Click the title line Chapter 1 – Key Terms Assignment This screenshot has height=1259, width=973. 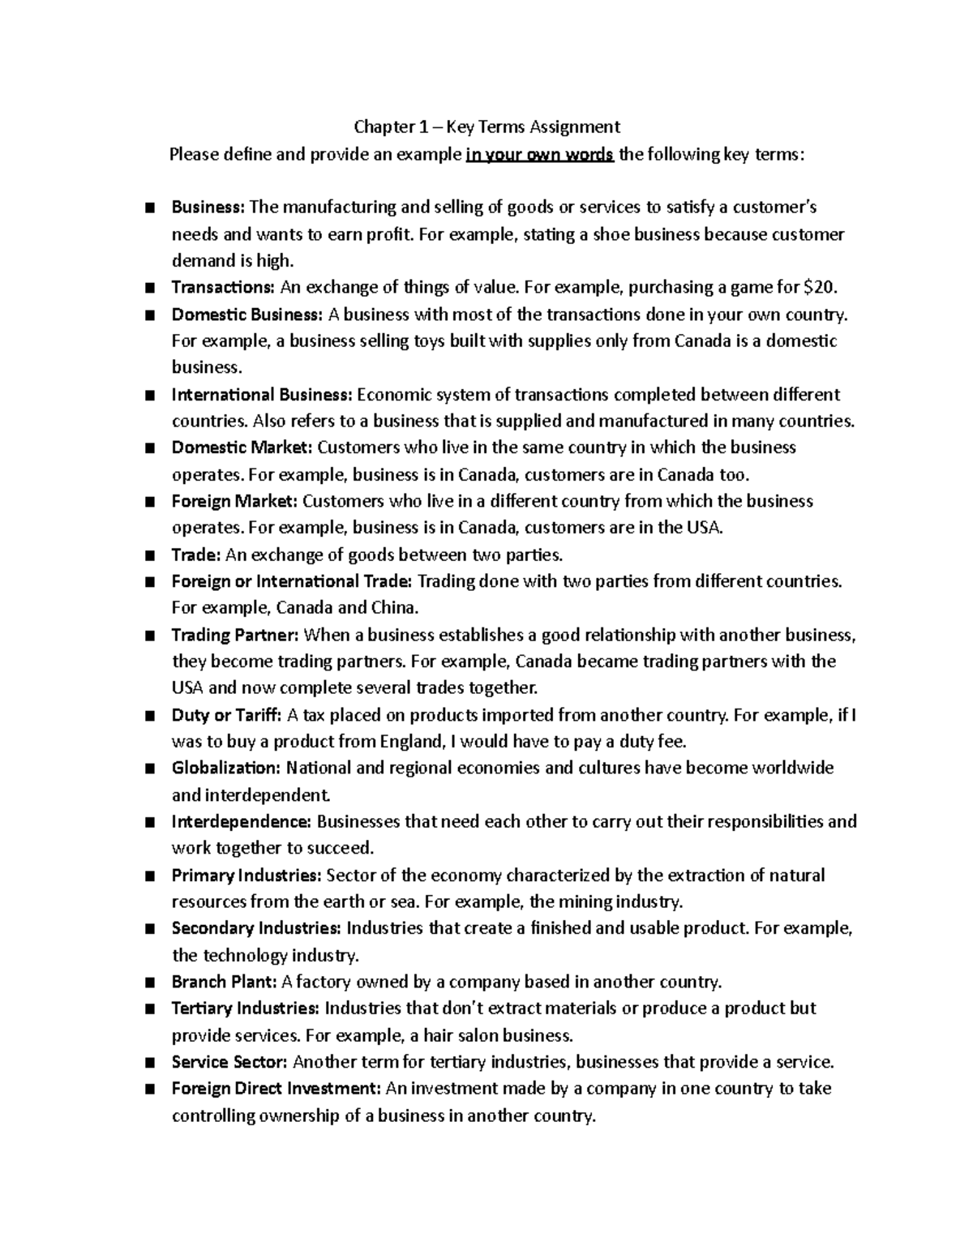click(x=486, y=126)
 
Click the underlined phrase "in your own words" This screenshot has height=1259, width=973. click(x=539, y=154)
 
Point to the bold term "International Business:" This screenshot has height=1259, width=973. click(x=262, y=395)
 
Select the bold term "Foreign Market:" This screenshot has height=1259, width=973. click(x=234, y=501)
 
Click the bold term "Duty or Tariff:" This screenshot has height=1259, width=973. click(x=226, y=715)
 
